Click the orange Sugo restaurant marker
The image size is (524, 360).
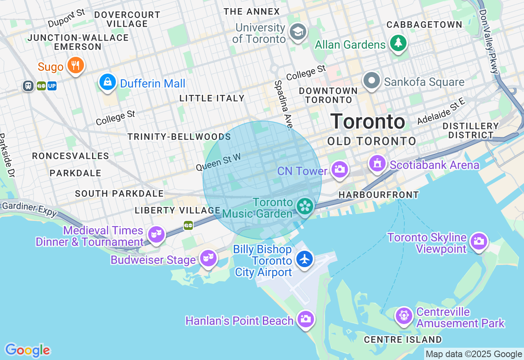click(x=75, y=65)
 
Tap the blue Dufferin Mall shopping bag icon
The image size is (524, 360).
click(x=108, y=82)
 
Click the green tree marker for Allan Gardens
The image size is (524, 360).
click(x=398, y=43)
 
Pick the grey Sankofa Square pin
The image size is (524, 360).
click(x=372, y=81)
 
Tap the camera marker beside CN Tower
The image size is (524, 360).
click(x=339, y=169)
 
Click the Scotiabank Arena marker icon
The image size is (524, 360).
click(x=377, y=163)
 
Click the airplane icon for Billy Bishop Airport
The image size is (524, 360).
click(x=305, y=259)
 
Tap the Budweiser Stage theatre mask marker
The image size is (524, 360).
click(x=208, y=258)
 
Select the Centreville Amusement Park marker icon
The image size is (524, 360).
click(x=404, y=316)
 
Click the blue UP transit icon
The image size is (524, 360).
click(x=52, y=86)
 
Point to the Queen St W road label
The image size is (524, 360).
click(x=218, y=162)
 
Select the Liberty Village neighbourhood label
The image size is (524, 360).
click(x=178, y=211)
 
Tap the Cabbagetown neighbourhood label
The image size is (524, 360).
click(x=424, y=25)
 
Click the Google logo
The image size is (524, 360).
click(x=27, y=351)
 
